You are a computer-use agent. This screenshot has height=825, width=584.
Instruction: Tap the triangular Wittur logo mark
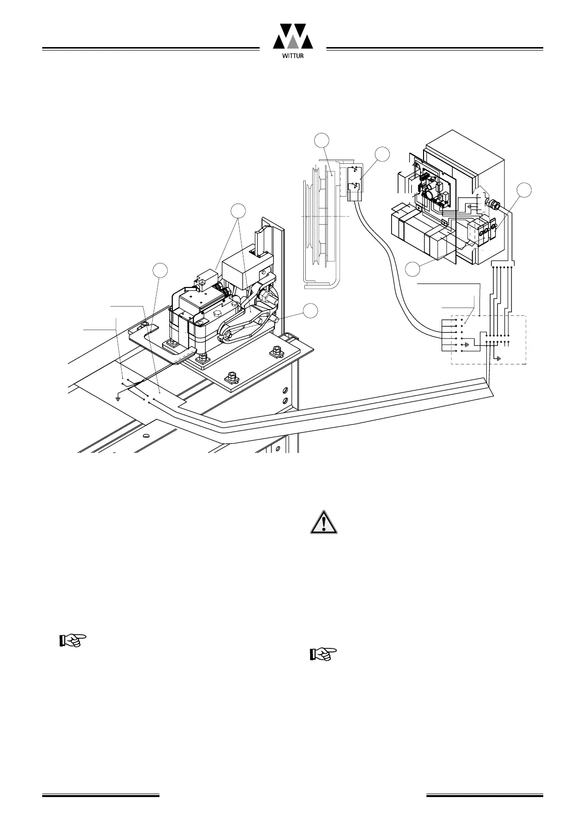coord(293,35)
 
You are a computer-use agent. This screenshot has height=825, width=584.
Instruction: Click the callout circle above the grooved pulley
coord(321,140)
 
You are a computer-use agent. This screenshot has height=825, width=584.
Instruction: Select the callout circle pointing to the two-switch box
coord(382,155)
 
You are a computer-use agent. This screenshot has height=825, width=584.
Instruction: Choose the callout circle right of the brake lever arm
coord(310,310)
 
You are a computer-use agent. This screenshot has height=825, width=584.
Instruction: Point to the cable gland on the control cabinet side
coord(491,204)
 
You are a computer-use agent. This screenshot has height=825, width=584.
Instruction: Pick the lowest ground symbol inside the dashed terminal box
coord(499,359)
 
